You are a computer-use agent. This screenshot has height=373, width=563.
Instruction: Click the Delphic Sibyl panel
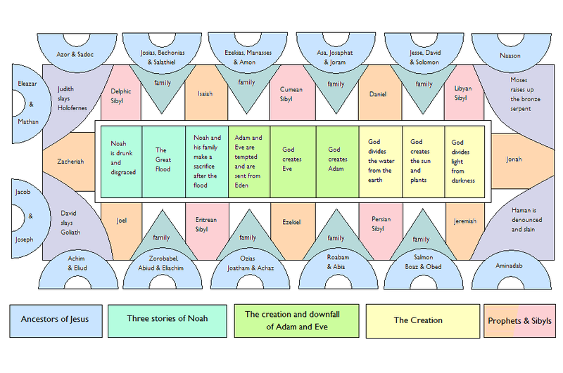coord(120,96)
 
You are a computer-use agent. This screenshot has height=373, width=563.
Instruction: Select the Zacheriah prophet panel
coord(70,162)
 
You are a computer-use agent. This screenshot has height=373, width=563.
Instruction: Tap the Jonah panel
coord(518,160)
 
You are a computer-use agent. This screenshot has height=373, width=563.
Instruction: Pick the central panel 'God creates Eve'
coord(293,162)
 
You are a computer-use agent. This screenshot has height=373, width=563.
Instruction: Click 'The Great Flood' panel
coord(164,162)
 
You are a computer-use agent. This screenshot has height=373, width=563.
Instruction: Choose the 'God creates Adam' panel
coord(338,162)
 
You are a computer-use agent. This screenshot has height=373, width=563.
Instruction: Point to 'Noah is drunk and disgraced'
coord(121,162)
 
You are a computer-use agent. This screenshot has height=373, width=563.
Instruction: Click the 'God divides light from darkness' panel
coord(464,162)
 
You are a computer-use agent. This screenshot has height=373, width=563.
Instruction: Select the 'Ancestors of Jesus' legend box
coord(56,321)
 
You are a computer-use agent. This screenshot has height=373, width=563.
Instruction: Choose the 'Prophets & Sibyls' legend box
coord(519,321)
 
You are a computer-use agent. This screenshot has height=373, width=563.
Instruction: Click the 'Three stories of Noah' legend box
coord(167,321)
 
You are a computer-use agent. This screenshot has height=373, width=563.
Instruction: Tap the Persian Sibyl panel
coord(381,228)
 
